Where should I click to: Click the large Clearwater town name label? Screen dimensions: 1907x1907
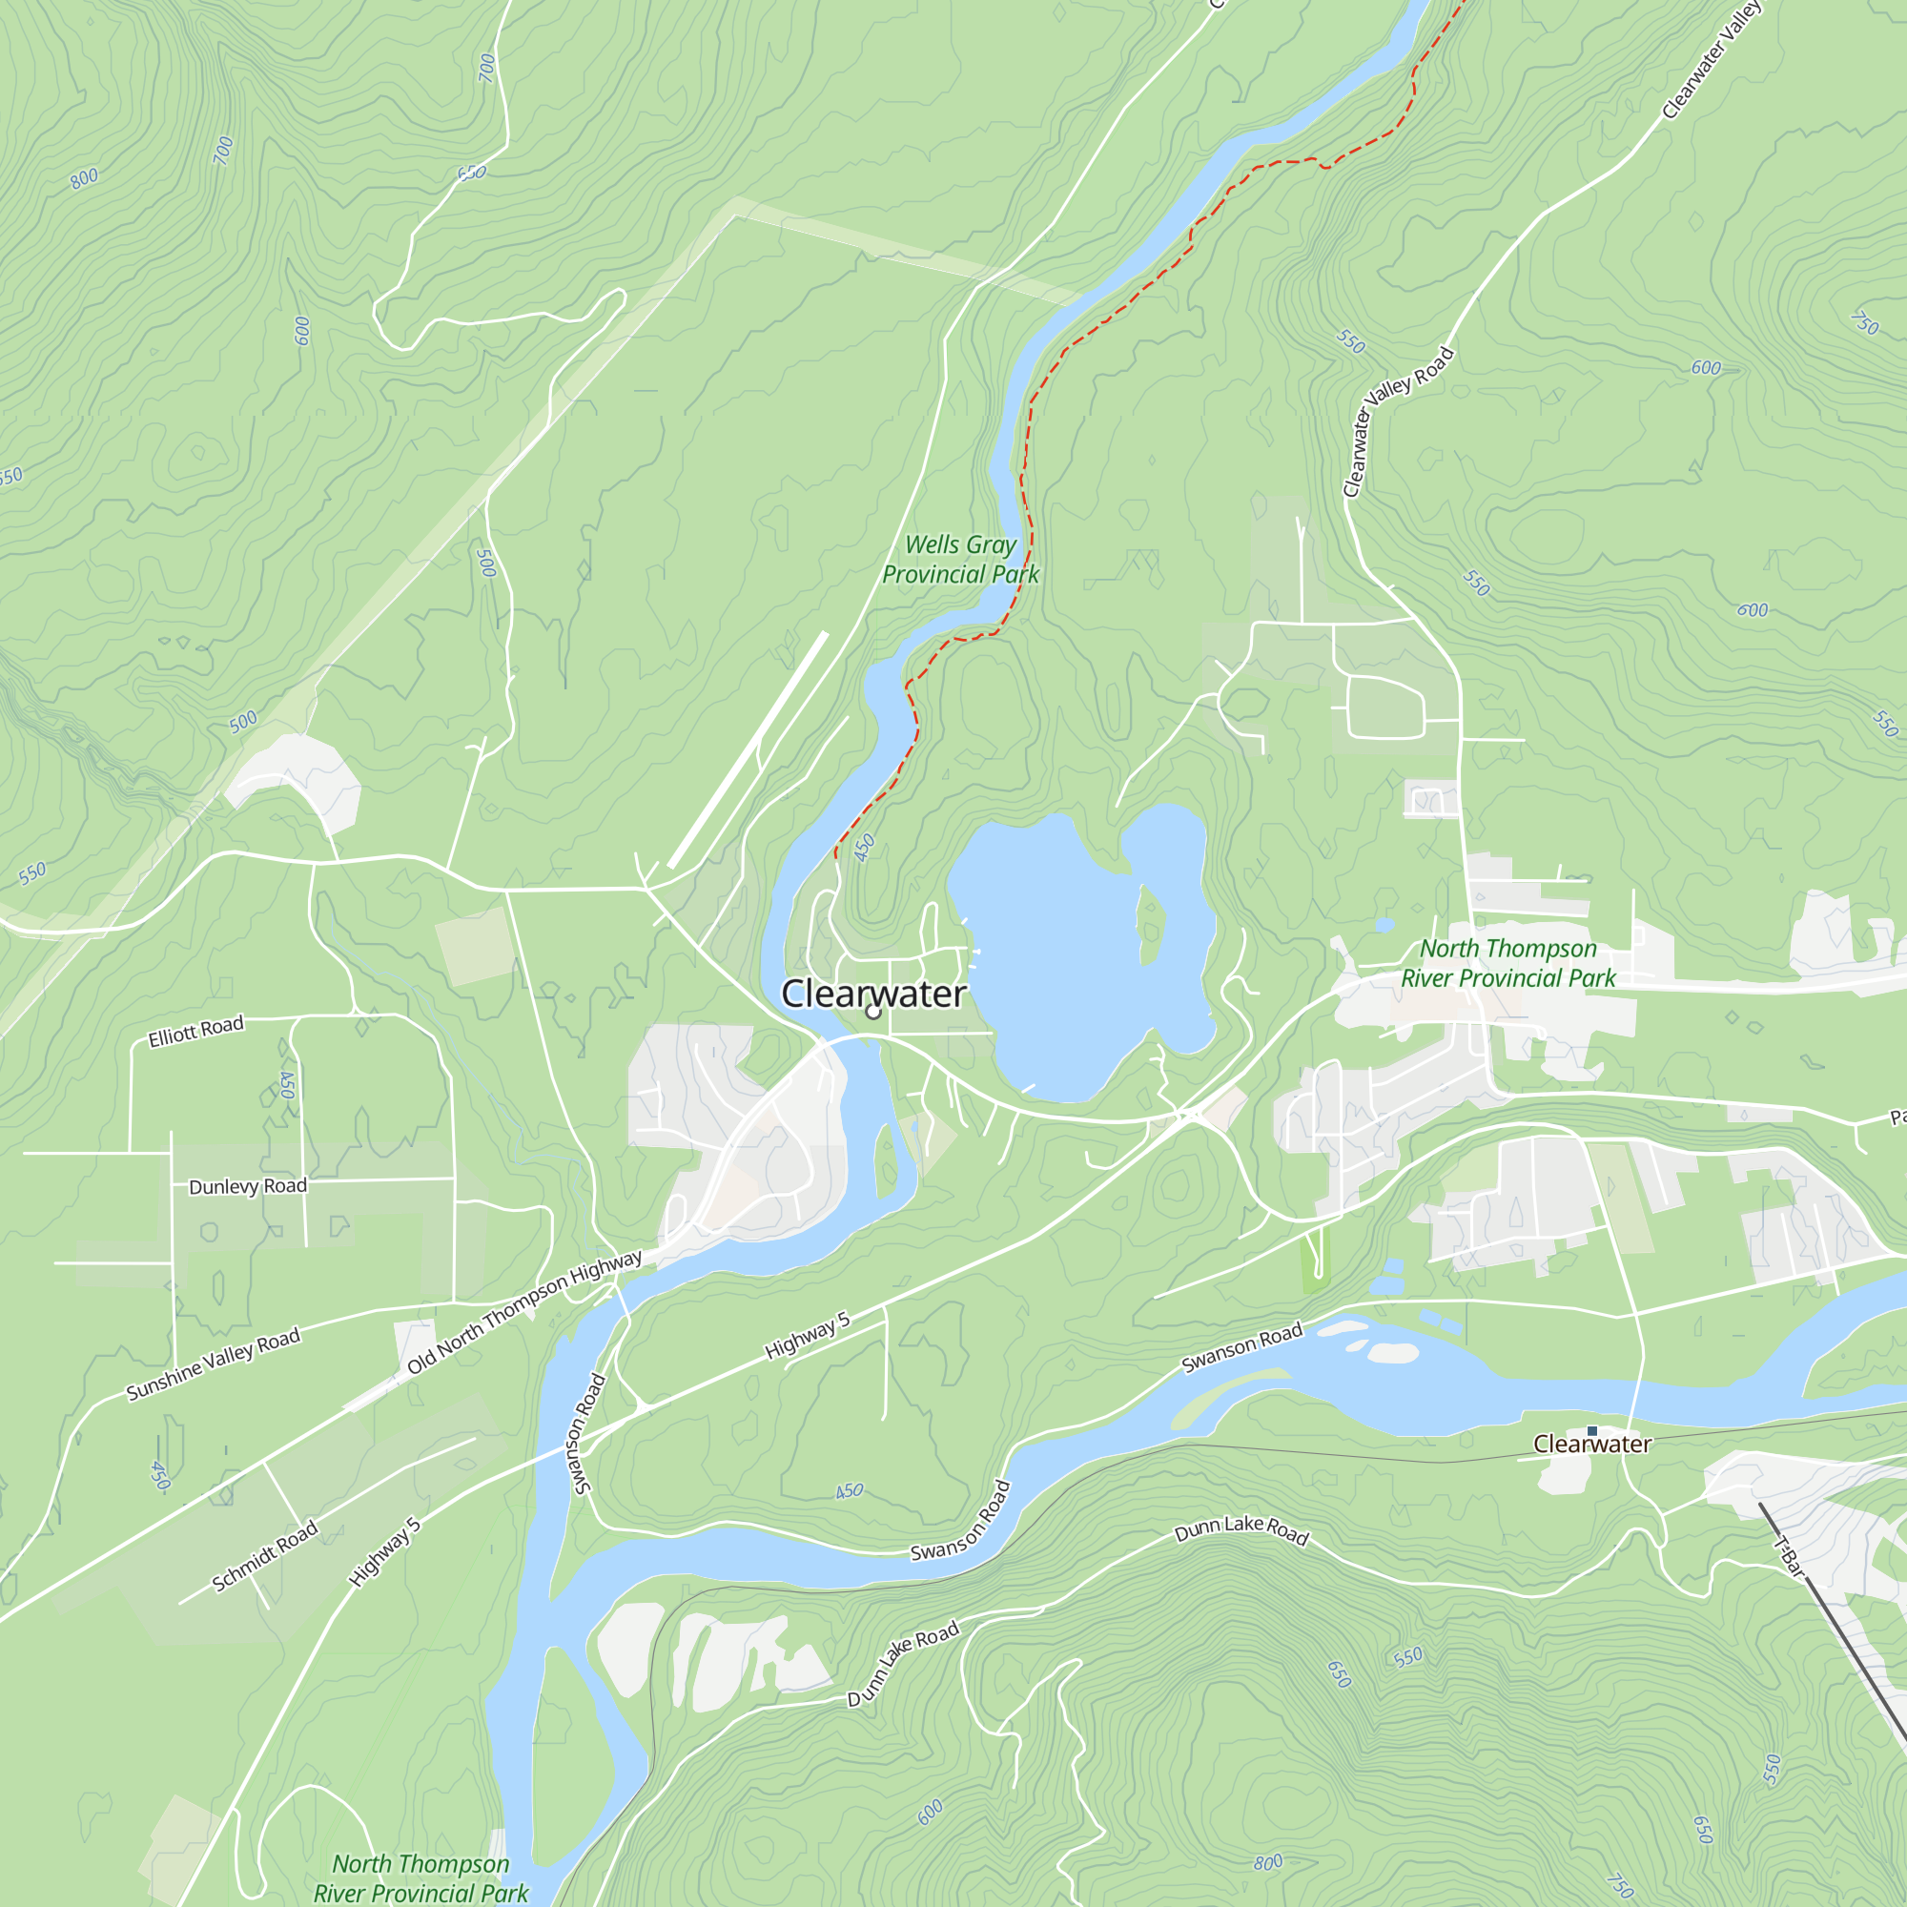[x=872, y=993]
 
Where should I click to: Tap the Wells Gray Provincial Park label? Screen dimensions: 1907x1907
[x=960, y=559]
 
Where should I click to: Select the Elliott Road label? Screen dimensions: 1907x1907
[x=195, y=1032]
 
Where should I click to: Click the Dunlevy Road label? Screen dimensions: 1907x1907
[x=248, y=1185]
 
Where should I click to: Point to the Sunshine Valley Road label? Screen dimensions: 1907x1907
[x=214, y=1364]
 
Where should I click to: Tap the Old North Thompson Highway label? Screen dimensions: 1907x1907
[x=524, y=1312]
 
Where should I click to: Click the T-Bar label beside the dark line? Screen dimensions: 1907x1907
[x=1789, y=1558]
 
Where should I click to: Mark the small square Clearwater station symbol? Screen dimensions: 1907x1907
[x=1591, y=1430]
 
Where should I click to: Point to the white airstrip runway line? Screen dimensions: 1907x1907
[x=748, y=750]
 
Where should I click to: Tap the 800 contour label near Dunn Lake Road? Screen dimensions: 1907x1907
[x=1267, y=1862]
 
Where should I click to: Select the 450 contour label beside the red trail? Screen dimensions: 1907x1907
[x=865, y=847]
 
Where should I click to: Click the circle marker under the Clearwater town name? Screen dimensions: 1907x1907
[x=872, y=1013]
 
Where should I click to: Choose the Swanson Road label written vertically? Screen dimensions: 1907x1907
[x=588, y=1433]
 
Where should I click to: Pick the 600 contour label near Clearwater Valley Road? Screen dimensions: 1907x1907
[x=1706, y=368]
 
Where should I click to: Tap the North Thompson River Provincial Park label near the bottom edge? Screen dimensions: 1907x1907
[x=420, y=1877]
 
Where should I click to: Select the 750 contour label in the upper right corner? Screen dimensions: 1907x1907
[x=1864, y=323]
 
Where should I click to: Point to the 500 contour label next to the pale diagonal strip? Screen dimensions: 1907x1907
[x=243, y=721]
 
